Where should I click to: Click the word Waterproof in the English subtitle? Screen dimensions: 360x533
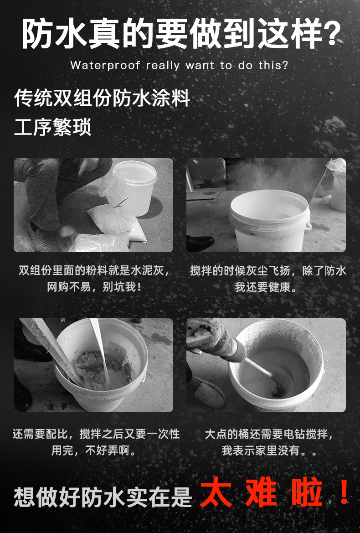(x=105, y=65)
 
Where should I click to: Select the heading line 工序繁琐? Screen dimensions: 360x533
(x=53, y=127)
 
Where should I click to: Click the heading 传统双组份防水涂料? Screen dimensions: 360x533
(x=102, y=98)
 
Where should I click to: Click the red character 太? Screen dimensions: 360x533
(x=216, y=492)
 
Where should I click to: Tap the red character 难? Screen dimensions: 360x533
(x=262, y=492)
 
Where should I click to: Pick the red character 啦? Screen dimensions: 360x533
(x=307, y=492)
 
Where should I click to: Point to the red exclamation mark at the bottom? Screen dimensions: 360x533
(x=344, y=492)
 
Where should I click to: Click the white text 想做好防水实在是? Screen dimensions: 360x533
(x=103, y=497)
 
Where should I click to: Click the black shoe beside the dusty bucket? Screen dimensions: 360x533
(x=200, y=243)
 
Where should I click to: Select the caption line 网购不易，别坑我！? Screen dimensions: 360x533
(x=94, y=287)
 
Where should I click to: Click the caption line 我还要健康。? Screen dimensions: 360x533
(x=266, y=287)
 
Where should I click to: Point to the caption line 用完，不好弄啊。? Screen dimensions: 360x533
(x=94, y=450)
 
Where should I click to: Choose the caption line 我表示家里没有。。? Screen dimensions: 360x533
(x=270, y=450)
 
